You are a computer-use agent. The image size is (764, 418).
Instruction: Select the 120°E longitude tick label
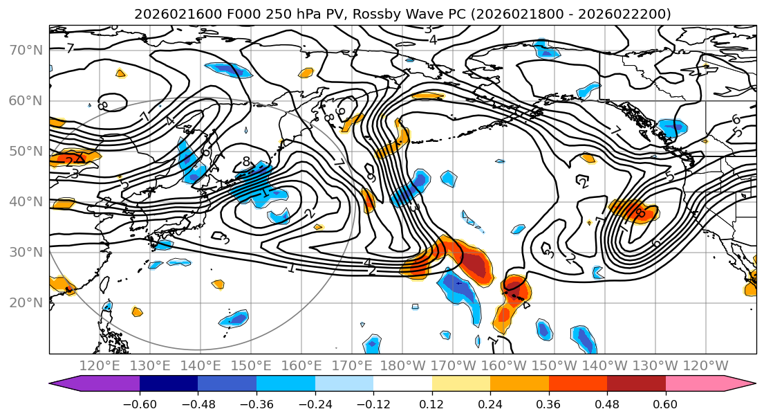pos(100,365)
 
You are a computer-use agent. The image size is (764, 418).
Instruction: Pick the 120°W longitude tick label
pos(705,365)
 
